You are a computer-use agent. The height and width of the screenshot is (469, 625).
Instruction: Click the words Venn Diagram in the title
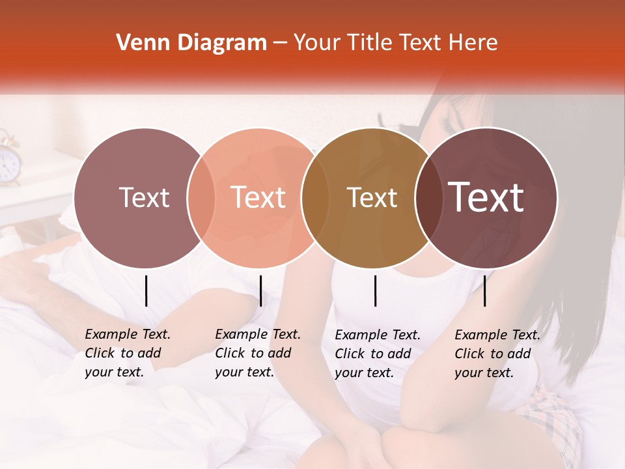coord(191,43)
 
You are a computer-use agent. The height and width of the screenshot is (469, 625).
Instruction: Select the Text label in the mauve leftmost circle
coord(144,197)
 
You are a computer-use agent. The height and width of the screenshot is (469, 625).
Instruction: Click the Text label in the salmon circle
coord(258,197)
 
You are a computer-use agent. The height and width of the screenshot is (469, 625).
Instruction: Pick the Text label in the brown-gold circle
coord(372,197)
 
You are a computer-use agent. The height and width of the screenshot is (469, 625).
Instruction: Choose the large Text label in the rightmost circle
coord(486,197)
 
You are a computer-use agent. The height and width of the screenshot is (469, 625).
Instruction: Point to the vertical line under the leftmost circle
coord(146,291)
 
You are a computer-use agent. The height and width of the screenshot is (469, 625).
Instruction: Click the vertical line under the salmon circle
coord(260,291)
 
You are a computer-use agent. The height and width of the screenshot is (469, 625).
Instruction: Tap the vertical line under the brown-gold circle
coord(375,291)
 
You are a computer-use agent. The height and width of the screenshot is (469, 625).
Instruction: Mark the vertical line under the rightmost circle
coord(484,291)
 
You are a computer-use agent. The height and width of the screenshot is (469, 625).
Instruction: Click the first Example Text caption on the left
coord(127,353)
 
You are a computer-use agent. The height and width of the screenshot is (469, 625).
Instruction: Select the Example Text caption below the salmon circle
coord(257,353)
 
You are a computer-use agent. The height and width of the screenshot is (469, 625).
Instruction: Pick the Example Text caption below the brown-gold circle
coord(377,354)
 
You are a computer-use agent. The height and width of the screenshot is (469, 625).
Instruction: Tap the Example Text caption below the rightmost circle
coord(497,354)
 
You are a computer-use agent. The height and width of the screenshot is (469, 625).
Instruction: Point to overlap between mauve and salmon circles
coord(201,197)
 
